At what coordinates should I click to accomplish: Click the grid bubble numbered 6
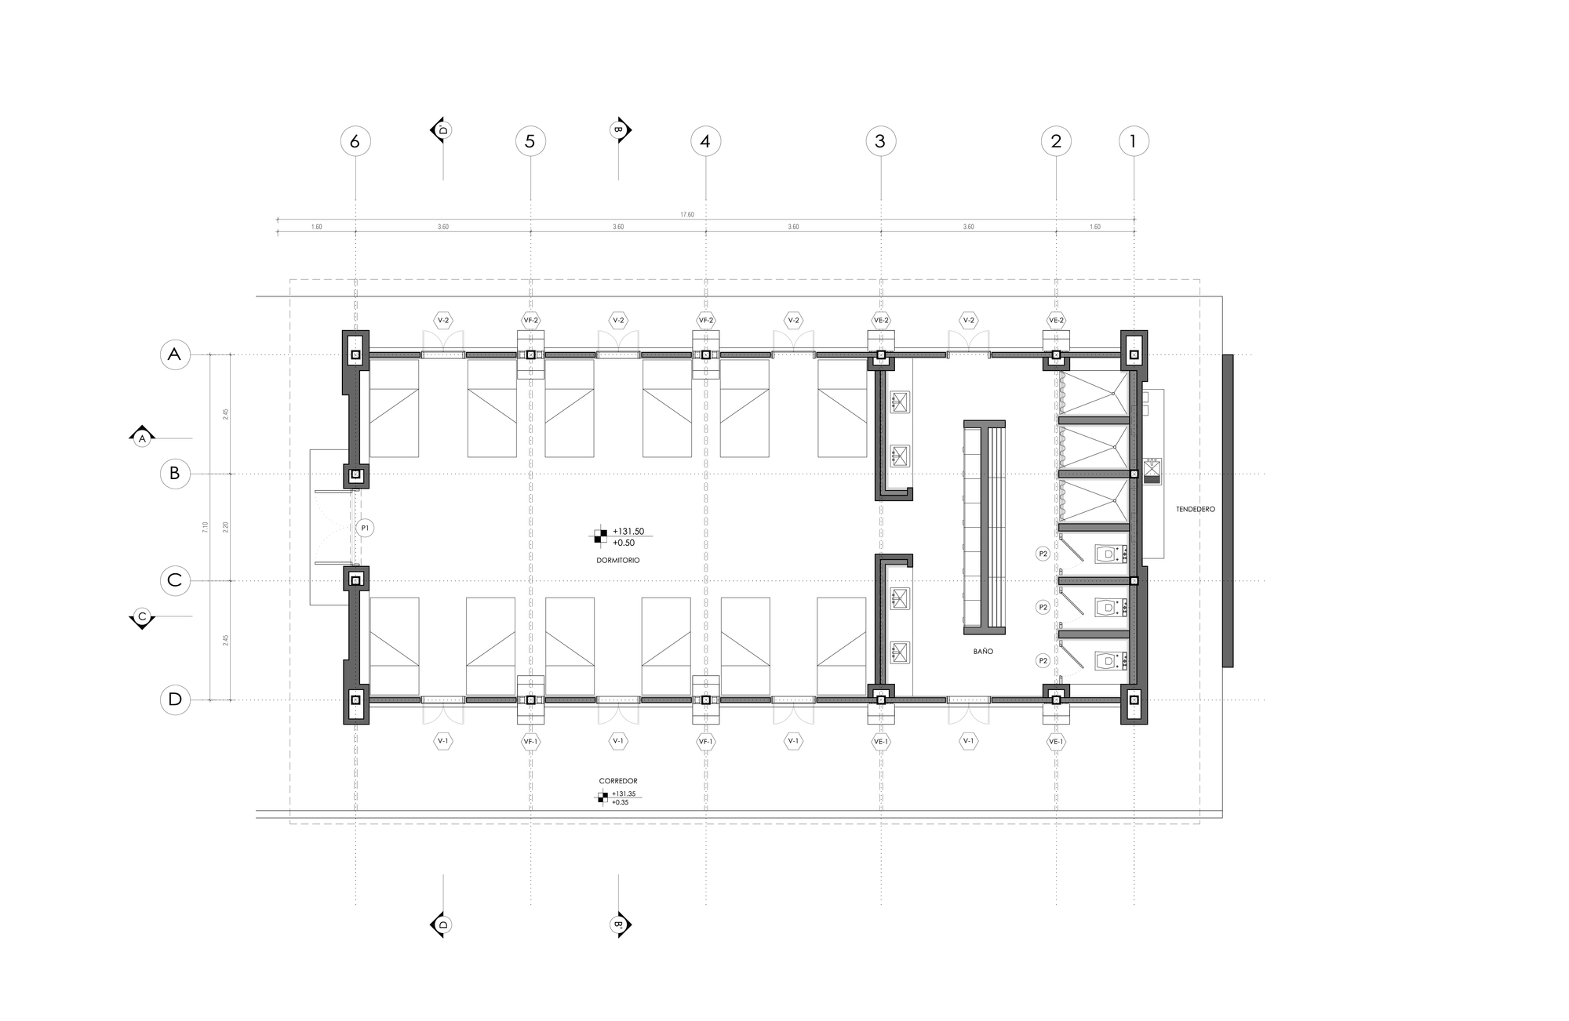point(355,141)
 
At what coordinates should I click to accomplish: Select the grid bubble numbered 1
point(1134,141)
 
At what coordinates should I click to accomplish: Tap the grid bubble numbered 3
point(880,141)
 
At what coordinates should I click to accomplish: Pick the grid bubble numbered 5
point(530,141)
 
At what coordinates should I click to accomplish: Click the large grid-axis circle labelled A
point(175,354)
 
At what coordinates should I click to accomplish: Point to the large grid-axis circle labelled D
point(175,699)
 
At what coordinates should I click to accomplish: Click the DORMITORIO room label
point(618,561)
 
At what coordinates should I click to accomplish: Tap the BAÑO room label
point(983,652)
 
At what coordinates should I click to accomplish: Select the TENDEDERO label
point(1195,510)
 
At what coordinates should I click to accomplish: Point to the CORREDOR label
point(618,781)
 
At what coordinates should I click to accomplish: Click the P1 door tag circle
point(364,529)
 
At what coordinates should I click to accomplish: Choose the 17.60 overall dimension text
point(686,214)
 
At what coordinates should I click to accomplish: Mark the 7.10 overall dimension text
point(206,527)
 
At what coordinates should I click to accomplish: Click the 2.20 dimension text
point(225,527)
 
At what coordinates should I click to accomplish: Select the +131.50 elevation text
point(628,532)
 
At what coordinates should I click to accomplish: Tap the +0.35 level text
point(620,802)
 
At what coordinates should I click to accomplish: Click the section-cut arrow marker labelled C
point(142,617)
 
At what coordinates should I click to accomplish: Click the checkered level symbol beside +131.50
point(600,536)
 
